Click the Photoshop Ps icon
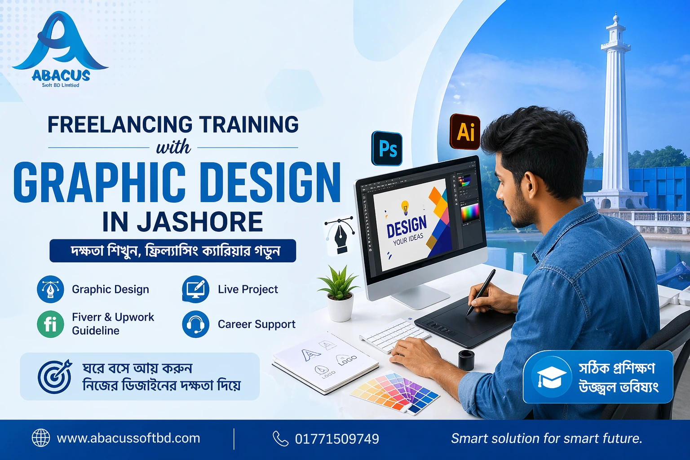(387, 149)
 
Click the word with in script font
(173, 147)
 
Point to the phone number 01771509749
(337, 439)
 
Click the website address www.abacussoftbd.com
(128, 438)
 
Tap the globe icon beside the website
(41, 438)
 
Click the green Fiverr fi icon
(50, 324)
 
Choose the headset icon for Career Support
(195, 324)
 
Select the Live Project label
(248, 289)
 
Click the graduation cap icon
(552, 377)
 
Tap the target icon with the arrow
(55, 376)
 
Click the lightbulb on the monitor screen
(405, 207)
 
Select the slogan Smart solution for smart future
(546, 438)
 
